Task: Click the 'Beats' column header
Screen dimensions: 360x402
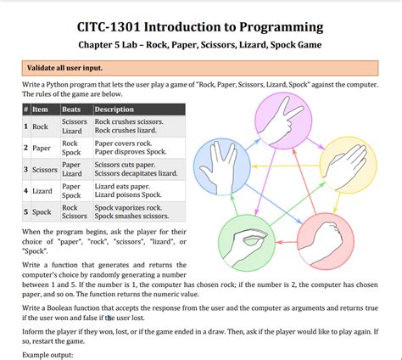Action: pos(72,110)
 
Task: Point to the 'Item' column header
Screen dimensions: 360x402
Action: pos(40,110)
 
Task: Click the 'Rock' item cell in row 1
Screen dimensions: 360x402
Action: pos(41,127)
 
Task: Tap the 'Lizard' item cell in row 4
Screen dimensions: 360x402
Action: pos(42,190)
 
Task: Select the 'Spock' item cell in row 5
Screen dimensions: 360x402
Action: pos(42,211)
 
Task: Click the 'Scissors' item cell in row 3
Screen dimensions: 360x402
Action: pos(46,169)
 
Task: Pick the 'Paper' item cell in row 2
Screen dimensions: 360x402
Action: pos(42,148)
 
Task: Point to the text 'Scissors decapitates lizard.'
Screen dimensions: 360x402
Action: pos(139,174)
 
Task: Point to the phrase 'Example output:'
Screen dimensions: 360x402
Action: pos(48,354)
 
